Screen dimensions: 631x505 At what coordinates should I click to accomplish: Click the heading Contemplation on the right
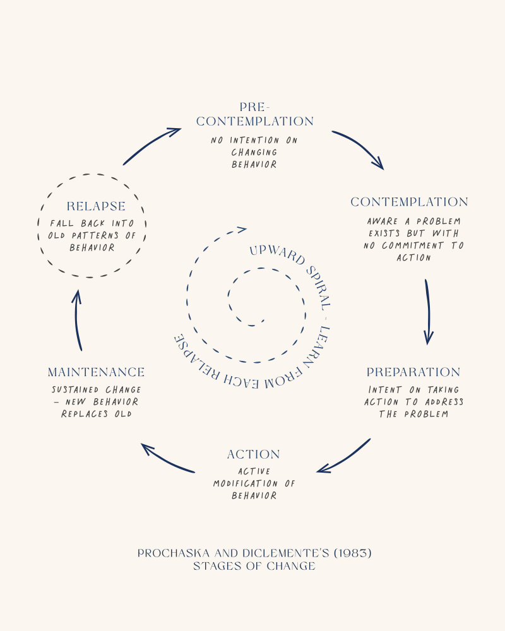click(x=409, y=202)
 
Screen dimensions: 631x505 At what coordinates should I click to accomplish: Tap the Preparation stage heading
click(x=413, y=372)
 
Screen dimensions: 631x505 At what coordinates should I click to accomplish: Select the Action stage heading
click(x=254, y=454)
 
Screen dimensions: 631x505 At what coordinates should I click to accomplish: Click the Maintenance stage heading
click(x=96, y=372)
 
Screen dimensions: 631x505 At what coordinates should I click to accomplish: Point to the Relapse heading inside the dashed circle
click(x=96, y=206)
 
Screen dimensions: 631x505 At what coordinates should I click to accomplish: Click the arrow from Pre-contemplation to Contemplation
click(x=359, y=148)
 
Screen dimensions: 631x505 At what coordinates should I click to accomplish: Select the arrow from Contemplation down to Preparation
click(x=428, y=312)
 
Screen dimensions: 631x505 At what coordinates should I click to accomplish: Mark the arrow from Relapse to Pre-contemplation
click(x=151, y=145)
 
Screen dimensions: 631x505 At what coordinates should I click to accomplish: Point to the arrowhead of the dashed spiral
click(x=241, y=230)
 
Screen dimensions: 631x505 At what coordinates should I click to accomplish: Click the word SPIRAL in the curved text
click(x=309, y=281)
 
